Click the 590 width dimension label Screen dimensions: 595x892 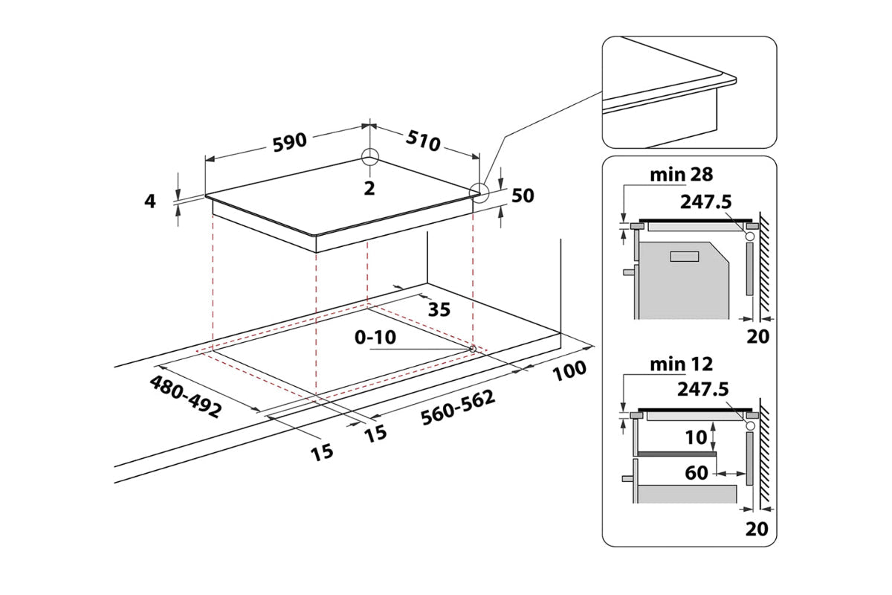290,144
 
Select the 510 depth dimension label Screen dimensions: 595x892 423,140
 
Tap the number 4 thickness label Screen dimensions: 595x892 151,200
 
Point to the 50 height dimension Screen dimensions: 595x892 523,196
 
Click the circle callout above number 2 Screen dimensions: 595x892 369,158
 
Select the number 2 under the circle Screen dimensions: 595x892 369,187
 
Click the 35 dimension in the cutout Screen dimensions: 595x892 439,309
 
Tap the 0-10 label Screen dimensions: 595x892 375,337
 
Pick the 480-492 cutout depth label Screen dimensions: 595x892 185,396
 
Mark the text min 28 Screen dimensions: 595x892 681,176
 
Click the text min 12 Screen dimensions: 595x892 681,364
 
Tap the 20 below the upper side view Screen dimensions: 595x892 757,336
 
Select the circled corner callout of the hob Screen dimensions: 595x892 479,193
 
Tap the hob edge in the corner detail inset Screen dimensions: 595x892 669,97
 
